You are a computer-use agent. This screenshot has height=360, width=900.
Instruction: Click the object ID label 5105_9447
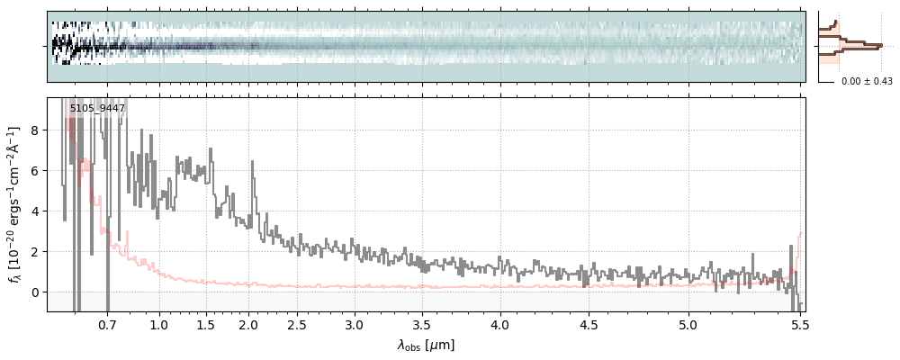click(97, 109)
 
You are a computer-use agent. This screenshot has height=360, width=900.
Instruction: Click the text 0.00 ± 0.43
click(867, 82)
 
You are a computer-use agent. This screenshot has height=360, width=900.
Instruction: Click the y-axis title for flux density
click(15, 204)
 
